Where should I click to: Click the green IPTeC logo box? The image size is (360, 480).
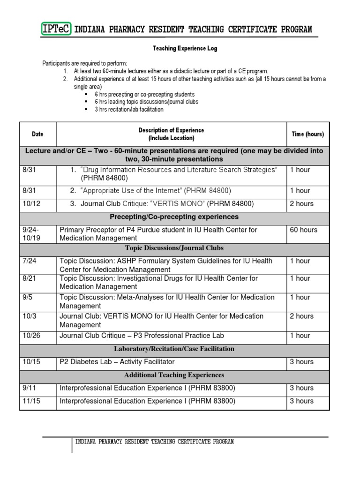tap(56, 30)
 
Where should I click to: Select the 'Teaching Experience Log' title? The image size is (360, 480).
tap(185, 49)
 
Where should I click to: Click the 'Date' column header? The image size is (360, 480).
tap(37, 134)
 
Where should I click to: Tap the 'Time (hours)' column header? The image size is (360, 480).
tap(307, 134)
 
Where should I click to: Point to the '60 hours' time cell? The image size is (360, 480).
tap(303, 230)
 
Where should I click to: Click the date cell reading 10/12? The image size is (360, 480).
tap(30, 203)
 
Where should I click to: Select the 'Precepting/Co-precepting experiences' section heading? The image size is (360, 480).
tap(174, 217)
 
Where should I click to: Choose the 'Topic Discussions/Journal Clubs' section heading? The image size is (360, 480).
tap(174, 248)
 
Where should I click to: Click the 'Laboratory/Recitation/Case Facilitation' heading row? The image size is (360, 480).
tap(174, 349)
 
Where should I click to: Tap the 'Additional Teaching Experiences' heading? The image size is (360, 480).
tap(174, 375)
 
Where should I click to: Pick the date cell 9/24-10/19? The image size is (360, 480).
tap(31, 234)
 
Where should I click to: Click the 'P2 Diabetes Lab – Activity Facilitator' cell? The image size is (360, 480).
tap(117, 362)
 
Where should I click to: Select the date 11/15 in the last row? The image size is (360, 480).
tap(30, 401)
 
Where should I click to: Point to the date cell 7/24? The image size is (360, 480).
tap(29, 261)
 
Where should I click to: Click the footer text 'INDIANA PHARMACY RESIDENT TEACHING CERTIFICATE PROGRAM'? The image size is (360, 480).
tap(154, 442)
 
